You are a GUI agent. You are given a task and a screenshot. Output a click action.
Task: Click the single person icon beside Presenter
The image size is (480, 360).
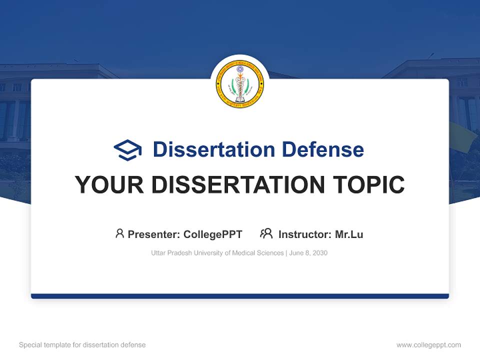(119, 233)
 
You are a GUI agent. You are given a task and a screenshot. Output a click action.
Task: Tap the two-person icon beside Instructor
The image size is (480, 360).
(266, 233)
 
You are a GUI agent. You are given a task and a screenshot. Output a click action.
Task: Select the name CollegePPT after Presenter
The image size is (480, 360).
(213, 234)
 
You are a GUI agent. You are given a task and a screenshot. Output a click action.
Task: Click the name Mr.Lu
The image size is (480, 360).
(349, 234)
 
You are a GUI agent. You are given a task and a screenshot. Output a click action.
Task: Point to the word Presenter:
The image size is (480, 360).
(154, 234)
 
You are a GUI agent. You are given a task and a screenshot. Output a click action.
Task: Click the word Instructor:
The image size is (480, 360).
(304, 234)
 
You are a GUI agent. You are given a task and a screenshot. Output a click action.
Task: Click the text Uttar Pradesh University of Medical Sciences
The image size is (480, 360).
(217, 253)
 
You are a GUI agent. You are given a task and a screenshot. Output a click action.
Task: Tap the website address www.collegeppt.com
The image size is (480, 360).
(428, 345)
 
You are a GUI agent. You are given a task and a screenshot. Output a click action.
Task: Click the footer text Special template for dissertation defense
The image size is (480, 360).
(82, 345)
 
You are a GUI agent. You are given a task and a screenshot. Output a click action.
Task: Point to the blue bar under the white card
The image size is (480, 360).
(240, 296)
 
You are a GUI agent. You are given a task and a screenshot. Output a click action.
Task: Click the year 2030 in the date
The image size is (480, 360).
(319, 253)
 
